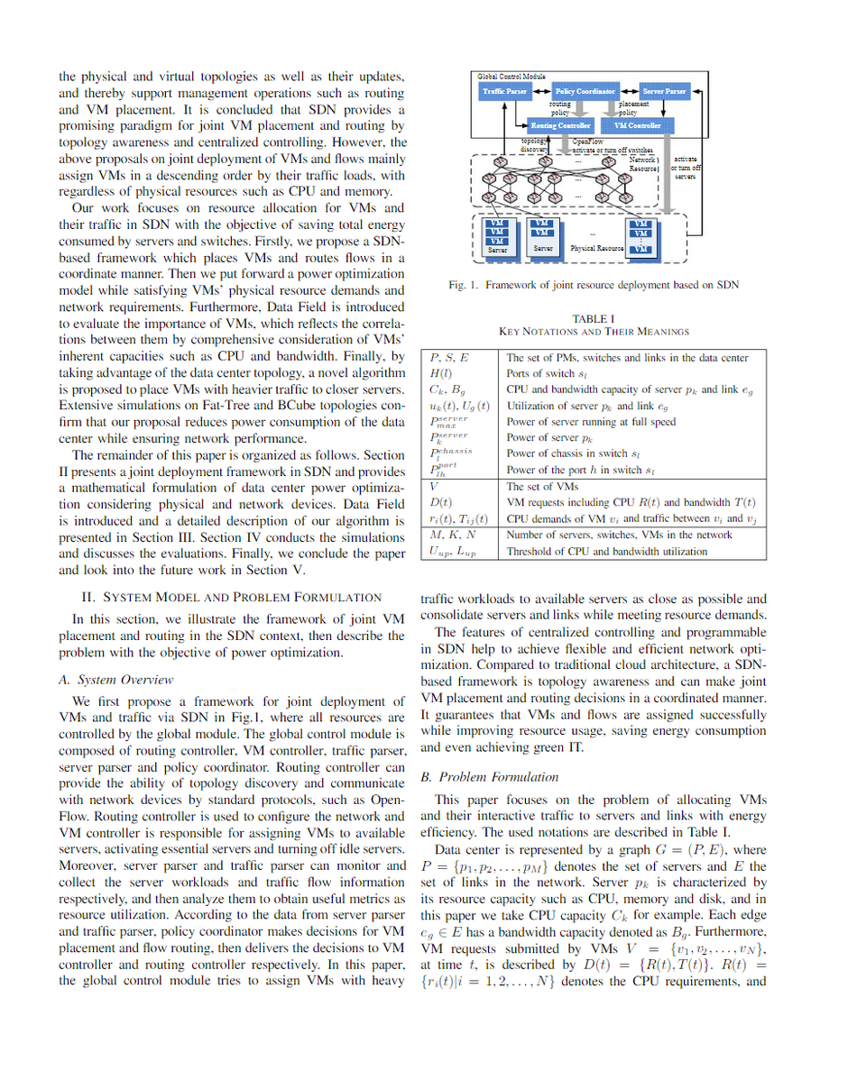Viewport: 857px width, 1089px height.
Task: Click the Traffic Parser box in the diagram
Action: pyautogui.click(x=504, y=92)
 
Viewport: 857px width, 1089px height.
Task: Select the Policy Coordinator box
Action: pyautogui.click(x=585, y=92)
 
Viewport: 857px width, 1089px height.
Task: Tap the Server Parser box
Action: pyautogui.click(x=665, y=92)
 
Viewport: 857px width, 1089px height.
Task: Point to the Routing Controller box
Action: pyautogui.click(x=560, y=125)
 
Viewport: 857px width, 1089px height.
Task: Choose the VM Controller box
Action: pyautogui.click(x=644, y=125)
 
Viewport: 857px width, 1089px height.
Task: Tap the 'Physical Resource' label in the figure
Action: pyautogui.click(x=597, y=248)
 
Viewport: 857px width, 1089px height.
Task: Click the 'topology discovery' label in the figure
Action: pyautogui.click(x=535, y=144)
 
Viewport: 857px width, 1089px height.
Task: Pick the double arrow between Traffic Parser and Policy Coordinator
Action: pyautogui.click(x=541, y=92)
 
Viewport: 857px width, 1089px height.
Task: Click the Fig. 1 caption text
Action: pyautogui.click(x=594, y=285)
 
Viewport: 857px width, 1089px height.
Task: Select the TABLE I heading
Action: pyautogui.click(x=594, y=318)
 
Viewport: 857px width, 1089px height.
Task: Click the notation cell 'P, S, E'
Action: pyautogui.click(x=449, y=358)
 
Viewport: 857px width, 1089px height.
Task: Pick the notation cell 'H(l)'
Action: pyautogui.click(x=441, y=373)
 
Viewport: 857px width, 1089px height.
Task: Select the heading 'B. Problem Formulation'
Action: pyautogui.click(x=490, y=776)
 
